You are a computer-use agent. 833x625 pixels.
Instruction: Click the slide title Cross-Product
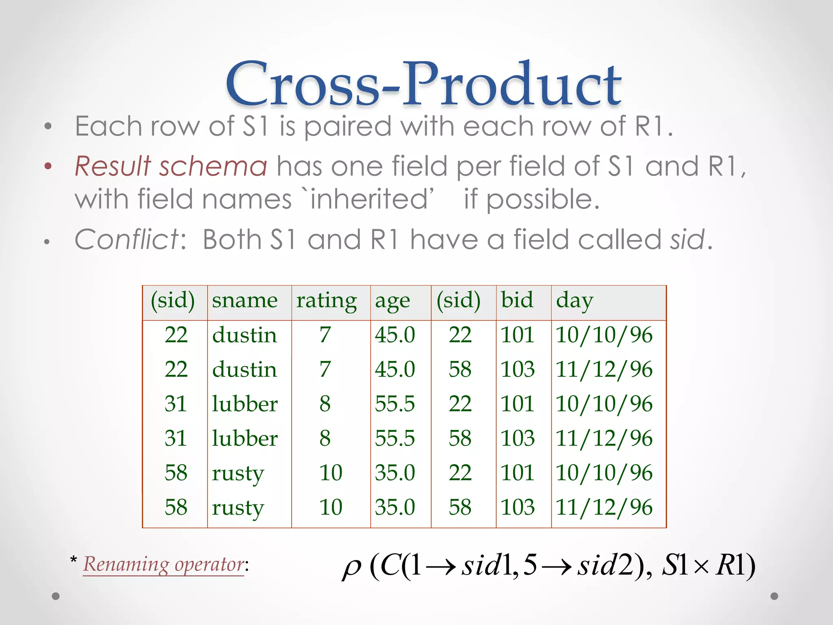[423, 85]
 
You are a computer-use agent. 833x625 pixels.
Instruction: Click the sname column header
[244, 301]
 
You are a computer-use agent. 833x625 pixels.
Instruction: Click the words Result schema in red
[171, 167]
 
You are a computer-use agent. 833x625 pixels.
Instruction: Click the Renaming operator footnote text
[164, 565]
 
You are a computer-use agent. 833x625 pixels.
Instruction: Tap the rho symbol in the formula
[351, 567]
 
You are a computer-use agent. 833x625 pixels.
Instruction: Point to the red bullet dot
[48, 166]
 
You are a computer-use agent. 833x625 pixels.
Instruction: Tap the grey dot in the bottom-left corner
[56, 596]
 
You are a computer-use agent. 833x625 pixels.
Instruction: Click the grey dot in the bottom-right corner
[774, 596]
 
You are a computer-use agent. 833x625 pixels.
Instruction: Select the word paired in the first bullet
[348, 127]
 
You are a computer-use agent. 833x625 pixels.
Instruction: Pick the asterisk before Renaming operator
[74, 560]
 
